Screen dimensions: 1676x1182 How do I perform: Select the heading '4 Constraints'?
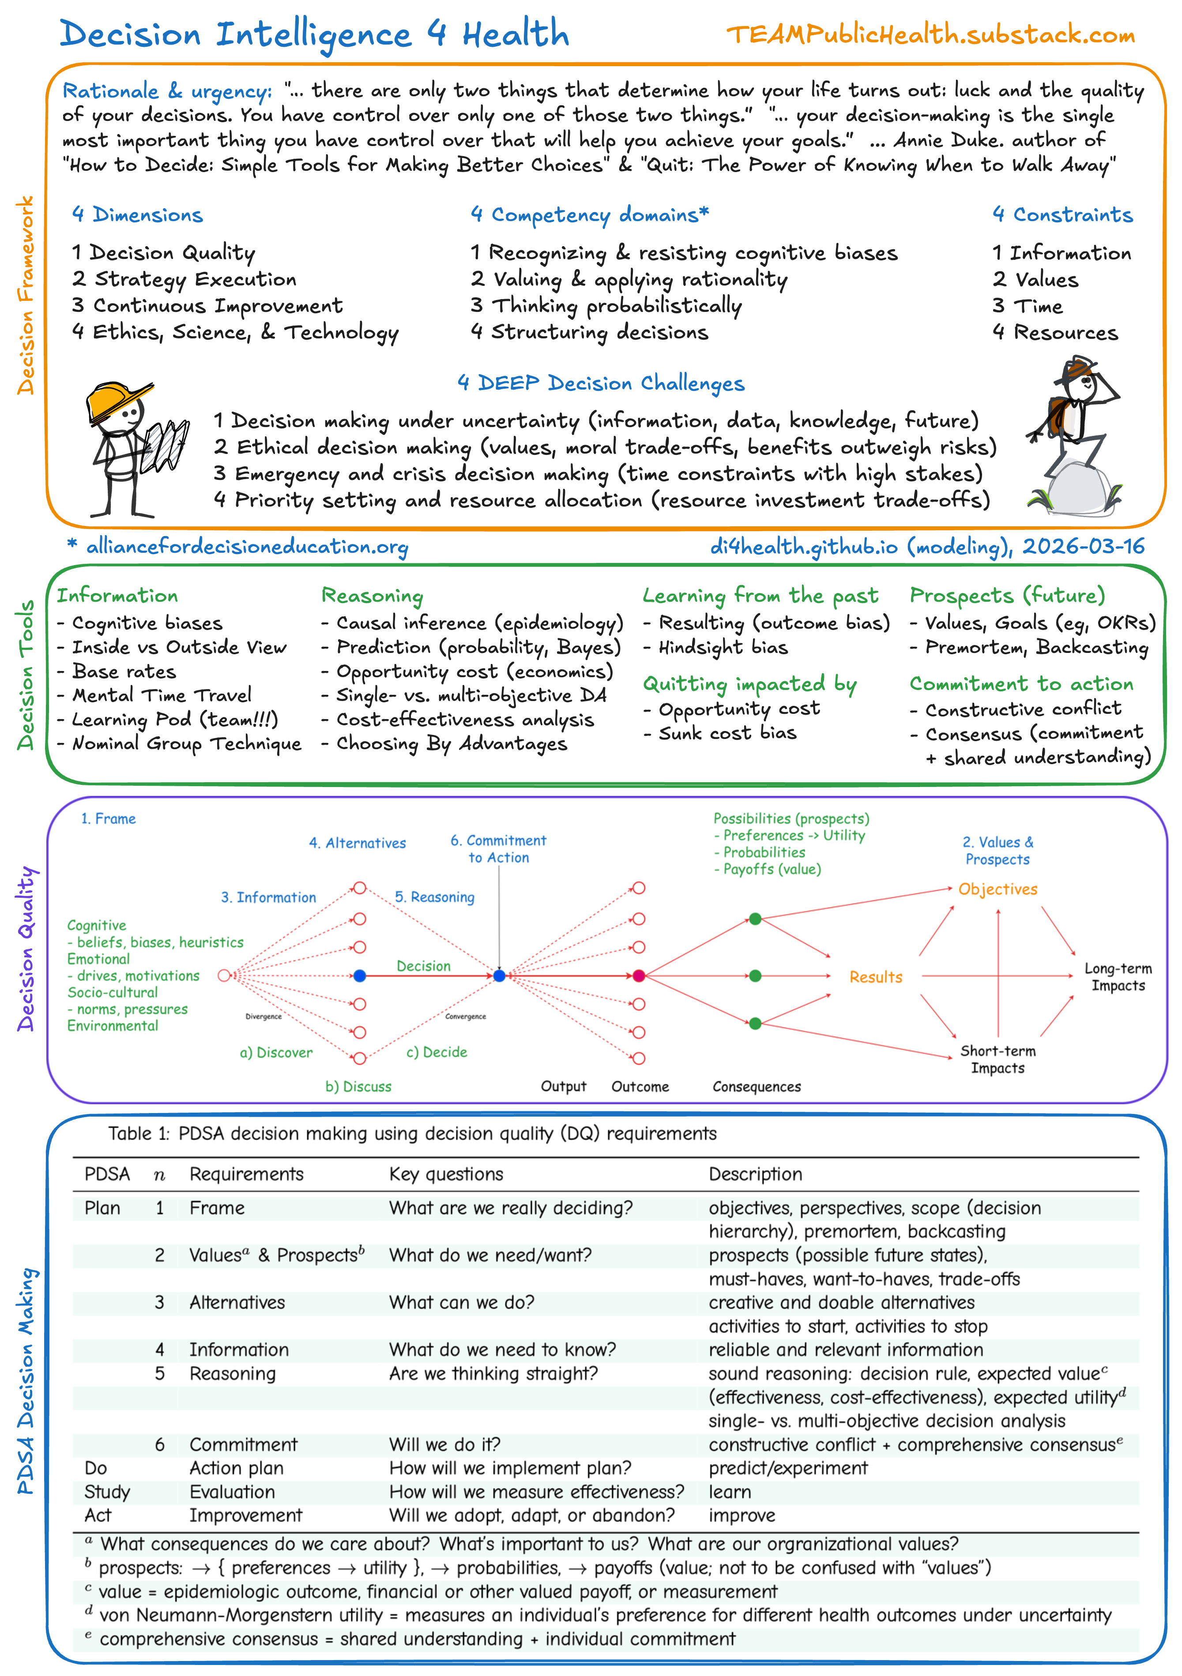pyautogui.click(x=1062, y=214)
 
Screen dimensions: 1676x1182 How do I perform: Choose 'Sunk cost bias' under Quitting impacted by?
pyautogui.click(x=727, y=733)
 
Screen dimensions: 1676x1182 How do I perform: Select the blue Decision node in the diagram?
pyautogui.click(x=359, y=975)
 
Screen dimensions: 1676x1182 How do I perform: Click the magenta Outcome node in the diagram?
pyautogui.click(x=639, y=975)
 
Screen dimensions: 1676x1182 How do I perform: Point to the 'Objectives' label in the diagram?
pyautogui.click(x=998, y=889)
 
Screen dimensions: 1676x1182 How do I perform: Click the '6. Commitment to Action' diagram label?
pyautogui.click(x=499, y=849)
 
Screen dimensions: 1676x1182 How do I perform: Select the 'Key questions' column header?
pyautogui.click(x=446, y=1174)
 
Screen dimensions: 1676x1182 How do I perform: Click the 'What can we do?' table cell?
pyautogui.click(x=461, y=1302)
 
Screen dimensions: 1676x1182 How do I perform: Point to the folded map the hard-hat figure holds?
pyautogui.click(x=166, y=445)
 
